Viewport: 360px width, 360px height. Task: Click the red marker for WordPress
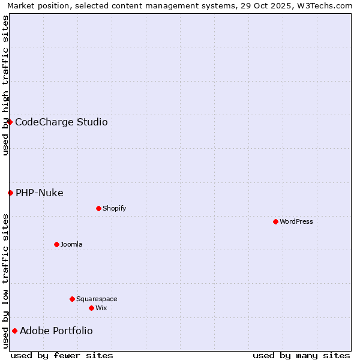(275, 221)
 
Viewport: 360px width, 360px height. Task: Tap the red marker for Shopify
(98, 208)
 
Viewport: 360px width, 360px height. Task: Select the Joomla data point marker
(56, 244)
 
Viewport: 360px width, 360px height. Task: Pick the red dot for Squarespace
(72, 299)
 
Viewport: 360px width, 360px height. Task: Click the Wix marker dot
(91, 308)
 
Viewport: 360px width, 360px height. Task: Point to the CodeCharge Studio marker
(10, 122)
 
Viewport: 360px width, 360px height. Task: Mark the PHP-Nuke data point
(10, 193)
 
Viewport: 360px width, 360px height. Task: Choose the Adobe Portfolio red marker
(14, 331)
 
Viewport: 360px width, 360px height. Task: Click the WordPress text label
(296, 221)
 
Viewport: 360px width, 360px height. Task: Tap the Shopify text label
(115, 208)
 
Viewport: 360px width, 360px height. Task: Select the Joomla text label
(71, 244)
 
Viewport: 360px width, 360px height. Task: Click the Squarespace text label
(97, 299)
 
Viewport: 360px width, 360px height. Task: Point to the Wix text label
(101, 308)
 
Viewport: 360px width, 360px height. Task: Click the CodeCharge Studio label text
(61, 122)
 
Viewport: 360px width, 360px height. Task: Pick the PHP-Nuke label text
(40, 193)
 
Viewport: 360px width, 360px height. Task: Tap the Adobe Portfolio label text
(56, 331)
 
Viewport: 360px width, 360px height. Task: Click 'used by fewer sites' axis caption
(62, 355)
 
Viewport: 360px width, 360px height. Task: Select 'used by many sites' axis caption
(301, 355)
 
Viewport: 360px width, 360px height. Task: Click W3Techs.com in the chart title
(328, 5)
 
